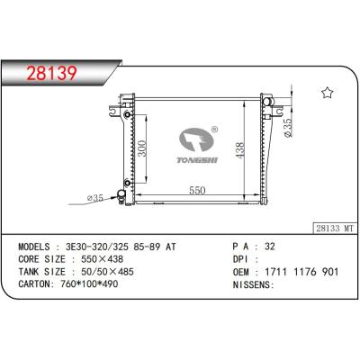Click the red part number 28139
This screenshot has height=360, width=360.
pyautogui.click(x=52, y=74)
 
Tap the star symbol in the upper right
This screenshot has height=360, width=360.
pyautogui.click(x=328, y=93)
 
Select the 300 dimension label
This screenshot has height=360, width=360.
pyautogui.click(x=142, y=148)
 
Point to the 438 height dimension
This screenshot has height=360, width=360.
pyautogui.click(x=240, y=150)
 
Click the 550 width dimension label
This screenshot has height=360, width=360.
pyautogui.click(x=197, y=191)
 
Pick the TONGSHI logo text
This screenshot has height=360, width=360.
pyautogui.click(x=197, y=160)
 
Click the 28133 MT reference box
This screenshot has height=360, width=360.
pyautogui.click(x=335, y=229)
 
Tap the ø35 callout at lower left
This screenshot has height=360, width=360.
pyautogui.click(x=95, y=198)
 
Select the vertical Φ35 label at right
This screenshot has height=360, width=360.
pyautogui.click(x=287, y=128)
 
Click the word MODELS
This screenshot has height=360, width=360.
pyautogui.click(x=34, y=247)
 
